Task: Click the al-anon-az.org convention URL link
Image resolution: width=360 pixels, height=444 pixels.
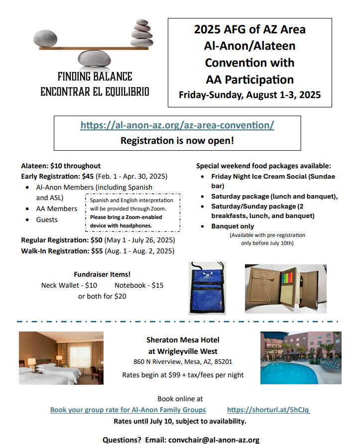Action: (177, 125)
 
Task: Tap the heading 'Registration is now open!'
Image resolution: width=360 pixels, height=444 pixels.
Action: (177, 140)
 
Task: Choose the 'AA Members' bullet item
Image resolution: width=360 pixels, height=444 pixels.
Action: (56, 209)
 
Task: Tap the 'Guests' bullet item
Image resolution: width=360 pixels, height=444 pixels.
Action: (47, 220)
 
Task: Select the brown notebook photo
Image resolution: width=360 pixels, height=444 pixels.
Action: (285, 289)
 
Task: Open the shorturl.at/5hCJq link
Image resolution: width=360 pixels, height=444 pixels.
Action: (268, 410)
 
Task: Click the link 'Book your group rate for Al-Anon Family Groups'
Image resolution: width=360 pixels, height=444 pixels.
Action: (128, 410)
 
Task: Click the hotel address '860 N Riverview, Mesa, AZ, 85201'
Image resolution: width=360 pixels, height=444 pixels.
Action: (183, 362)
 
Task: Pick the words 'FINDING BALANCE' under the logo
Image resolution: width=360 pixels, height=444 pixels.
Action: (95, 77)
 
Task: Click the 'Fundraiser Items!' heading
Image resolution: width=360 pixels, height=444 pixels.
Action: (102, 274)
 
